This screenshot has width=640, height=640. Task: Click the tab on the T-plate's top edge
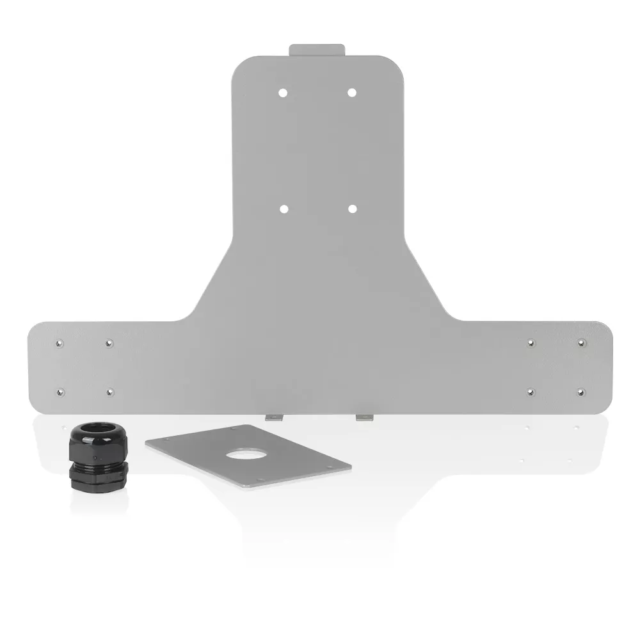point(317,50)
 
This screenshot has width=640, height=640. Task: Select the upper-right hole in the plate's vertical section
point(351,92)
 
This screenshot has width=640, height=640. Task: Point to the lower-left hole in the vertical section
point(284,209)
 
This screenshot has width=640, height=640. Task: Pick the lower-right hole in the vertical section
point(352,209)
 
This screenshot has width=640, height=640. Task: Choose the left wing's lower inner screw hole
point(109,391)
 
